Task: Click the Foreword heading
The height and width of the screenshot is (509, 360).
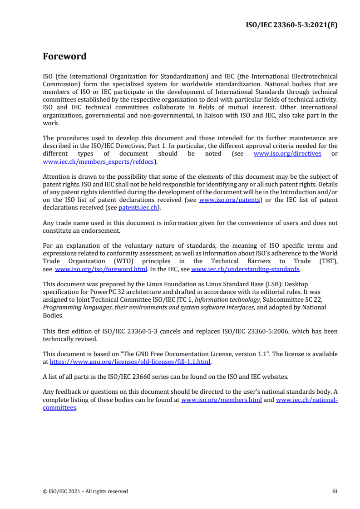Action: [64, 57]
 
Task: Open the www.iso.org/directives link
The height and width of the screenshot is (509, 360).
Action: [287, 153]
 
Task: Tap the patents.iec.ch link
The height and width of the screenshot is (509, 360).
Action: [138, 207]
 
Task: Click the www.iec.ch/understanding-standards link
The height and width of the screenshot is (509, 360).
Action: [245, 269]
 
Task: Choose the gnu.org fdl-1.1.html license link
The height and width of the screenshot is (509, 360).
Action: [130, 362]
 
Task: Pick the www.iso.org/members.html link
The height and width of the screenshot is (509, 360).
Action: [221, 400]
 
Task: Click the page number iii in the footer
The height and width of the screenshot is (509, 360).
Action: [335, 491]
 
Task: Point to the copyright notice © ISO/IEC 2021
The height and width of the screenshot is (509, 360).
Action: [85, 491]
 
